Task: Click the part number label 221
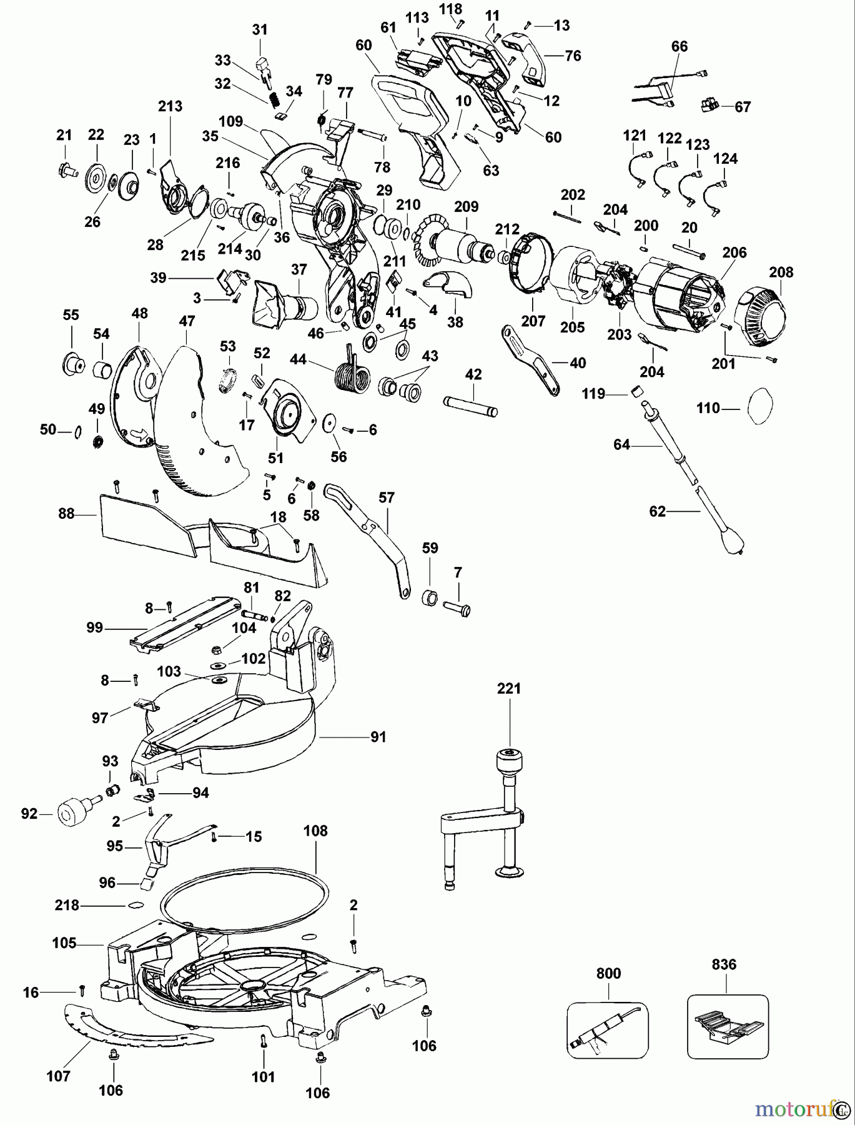pyautogui.click(x=508, y=688)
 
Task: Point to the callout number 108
pyautogui.click(x=315, y=831)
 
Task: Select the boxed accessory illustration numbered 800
pyautogui.click(x=608, y=1029)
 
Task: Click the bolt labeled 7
pyautogui.click(x=459, y=607)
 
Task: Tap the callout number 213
pyautogui.click(x=170, y=106)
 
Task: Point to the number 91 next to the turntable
pyautogui.click(x=378, y=737)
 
